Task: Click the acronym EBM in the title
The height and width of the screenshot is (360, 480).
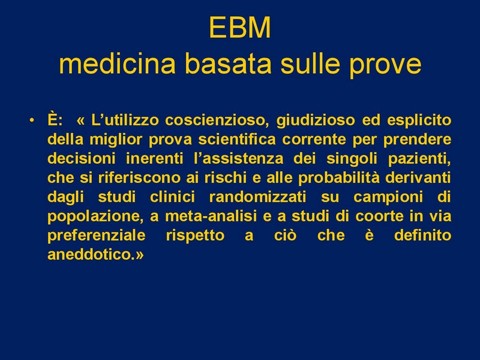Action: tap(240, 28)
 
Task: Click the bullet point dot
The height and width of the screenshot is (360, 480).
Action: tap(32, 121)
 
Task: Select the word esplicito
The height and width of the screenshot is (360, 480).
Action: tap(419, 121)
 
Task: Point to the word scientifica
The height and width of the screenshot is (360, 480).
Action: tap(237, 140)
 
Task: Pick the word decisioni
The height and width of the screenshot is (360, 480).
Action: tap(82, 158)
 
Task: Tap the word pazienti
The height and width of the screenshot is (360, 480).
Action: tap(419, 159)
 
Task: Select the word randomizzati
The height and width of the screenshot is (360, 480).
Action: tap(257, 197)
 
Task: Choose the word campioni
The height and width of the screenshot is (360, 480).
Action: tap(388, 197)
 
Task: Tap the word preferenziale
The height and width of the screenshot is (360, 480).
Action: tap(97, 235)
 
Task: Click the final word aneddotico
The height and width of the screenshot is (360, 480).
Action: tap(91, 254)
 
